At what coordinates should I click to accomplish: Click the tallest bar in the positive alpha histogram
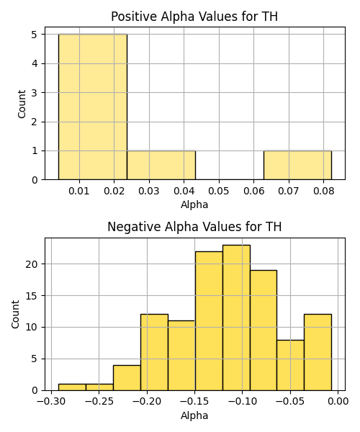point(93,107)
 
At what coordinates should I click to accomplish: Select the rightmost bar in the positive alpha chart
point(297,166)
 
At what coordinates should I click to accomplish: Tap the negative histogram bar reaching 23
point(236,318)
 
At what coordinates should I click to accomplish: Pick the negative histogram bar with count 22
point(209,321)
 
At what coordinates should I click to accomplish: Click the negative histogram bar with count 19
point(264,330)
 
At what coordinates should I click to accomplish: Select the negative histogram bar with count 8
point(290,365)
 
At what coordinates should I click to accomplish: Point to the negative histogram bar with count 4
point(127,378)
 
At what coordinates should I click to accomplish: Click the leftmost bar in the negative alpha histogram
point(72,387)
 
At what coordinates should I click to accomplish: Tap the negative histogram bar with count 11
point(181,356)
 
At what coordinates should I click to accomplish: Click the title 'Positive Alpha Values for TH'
point(194,17)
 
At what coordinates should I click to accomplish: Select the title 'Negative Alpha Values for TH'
point(194,227)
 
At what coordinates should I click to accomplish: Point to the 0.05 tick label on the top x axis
point(219,191)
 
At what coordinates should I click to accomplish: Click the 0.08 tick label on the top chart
point(324,191)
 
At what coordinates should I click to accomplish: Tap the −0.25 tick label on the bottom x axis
point(99,402)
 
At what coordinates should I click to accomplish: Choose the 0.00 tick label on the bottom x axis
point(338,402)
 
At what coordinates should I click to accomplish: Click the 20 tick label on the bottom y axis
point(32,264)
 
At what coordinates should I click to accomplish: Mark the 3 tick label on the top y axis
point(35,93)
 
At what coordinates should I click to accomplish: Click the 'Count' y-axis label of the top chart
point(22,104)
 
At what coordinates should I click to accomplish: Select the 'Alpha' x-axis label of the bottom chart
point(194,415)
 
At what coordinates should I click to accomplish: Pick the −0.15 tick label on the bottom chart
point(194,402)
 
